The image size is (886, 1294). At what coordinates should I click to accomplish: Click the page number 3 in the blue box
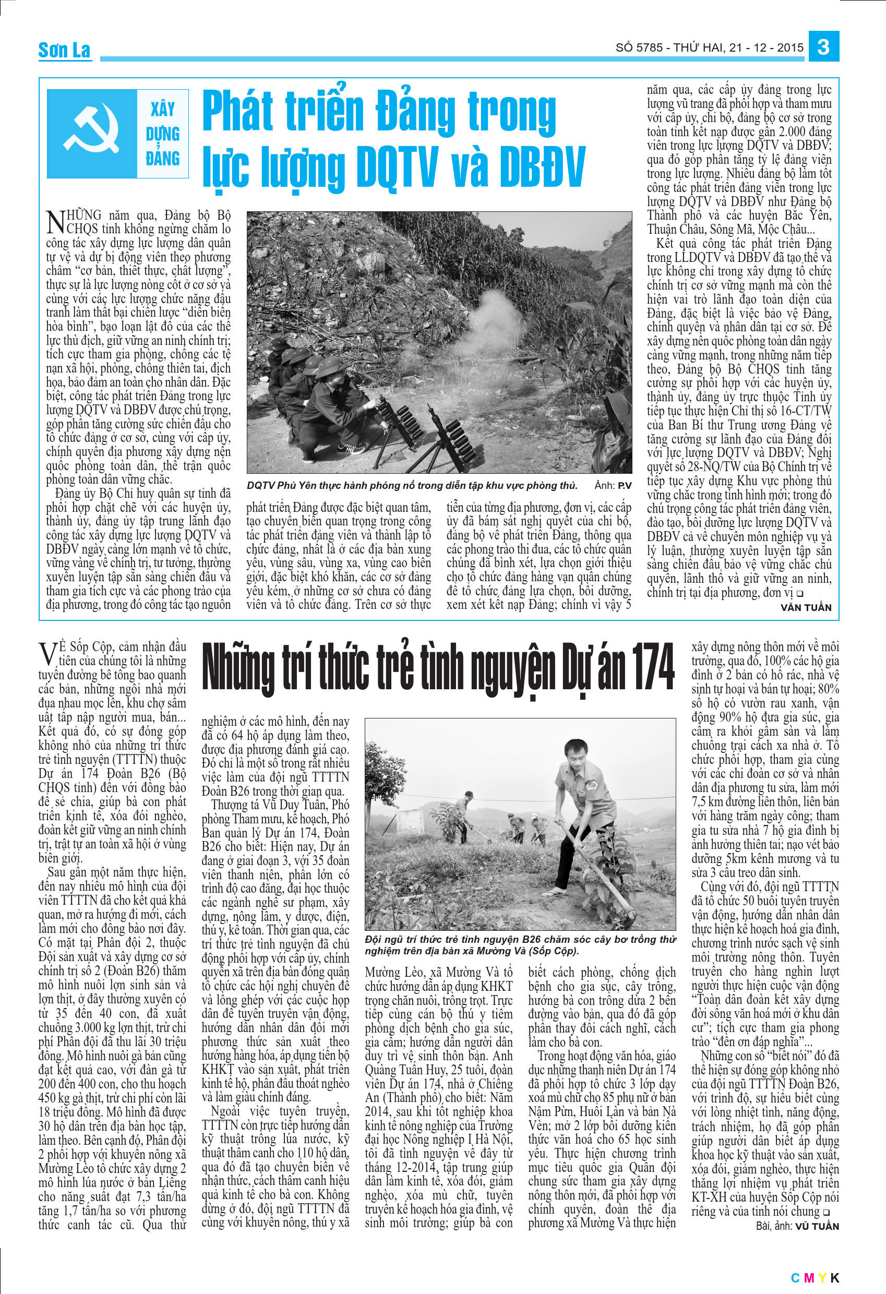tap(823, 47)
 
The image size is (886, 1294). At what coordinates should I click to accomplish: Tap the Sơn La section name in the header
tap(64, 50)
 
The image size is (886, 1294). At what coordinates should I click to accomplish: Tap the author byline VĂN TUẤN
tap(806, 607)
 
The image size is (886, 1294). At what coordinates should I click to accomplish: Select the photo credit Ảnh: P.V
tap(613, 486)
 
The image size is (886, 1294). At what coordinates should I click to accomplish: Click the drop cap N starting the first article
tap(55, 221)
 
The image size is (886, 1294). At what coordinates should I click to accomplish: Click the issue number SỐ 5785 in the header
tap(639, 48)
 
